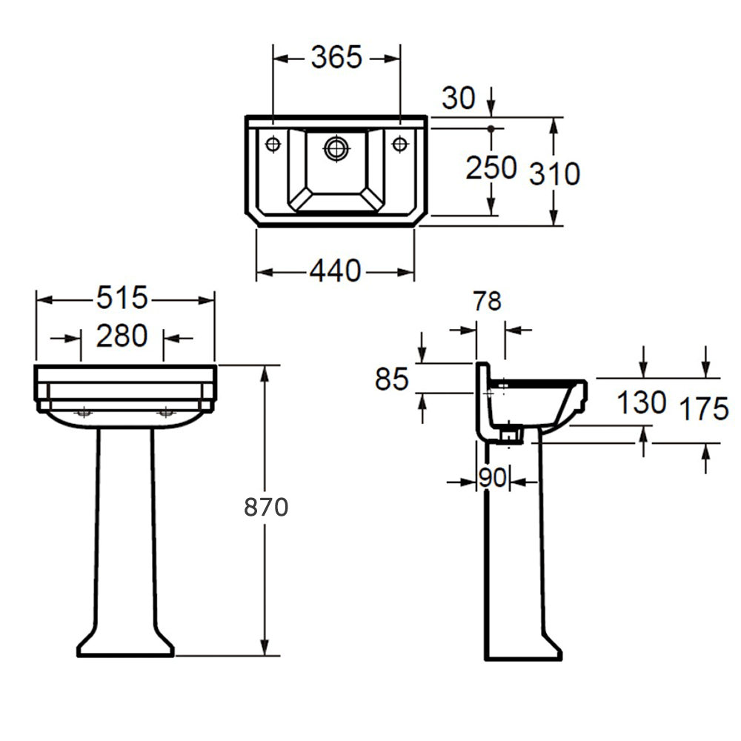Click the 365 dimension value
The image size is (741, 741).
[x=336, y=58]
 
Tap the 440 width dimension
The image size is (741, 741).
[x=336, y=271]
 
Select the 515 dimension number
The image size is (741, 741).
[x=122, y=298]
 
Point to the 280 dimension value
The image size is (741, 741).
[x=122, y=336]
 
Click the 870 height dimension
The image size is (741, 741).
[x=266, y=508]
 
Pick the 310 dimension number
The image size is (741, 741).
[x=554, y=173]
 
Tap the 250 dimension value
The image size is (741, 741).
[x=491, y=167]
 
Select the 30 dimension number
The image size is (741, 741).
[x=459, y=99]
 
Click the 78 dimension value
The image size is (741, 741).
[x=487, y=302]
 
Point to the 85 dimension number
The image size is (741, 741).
[x=392, y=379]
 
